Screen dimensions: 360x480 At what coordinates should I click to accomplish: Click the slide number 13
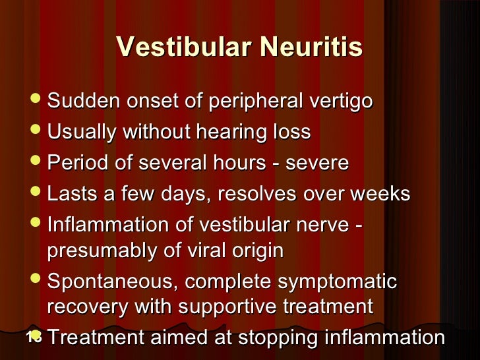[x=34, y=336]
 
